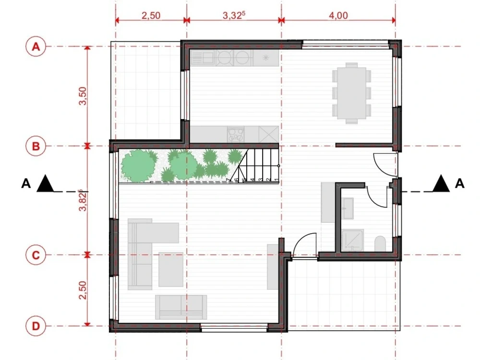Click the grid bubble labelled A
pyautogui.click(x=35, y=47)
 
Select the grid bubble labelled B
pyautogui.click(x=35, y=146)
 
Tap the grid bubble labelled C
pyautogui.click(x=35, y=255)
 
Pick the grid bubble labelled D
pyautogui.click(x=35, y=326)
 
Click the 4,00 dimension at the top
pyautogui.click(x=338, y=15)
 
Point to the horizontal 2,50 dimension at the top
pyautogui.click(x=151, y=15)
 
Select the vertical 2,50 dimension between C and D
pyautogui.click(x=83, y=290)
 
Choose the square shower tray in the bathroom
pyautogui.click(x=353, y=240)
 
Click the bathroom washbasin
pyautogui.click(x=348, y=207)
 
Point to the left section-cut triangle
pyautogui.click(x=45, y=183)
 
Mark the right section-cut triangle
pyautogui.click(x=441, y=183)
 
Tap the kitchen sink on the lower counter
pyautogui.click(x=235, y=134)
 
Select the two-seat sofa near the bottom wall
pyautogui.click(x=181, y=307)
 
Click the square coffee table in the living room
pyautogui.click(x=170, y=269)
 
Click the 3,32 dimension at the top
pyautogui.click(x=233, y=15)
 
